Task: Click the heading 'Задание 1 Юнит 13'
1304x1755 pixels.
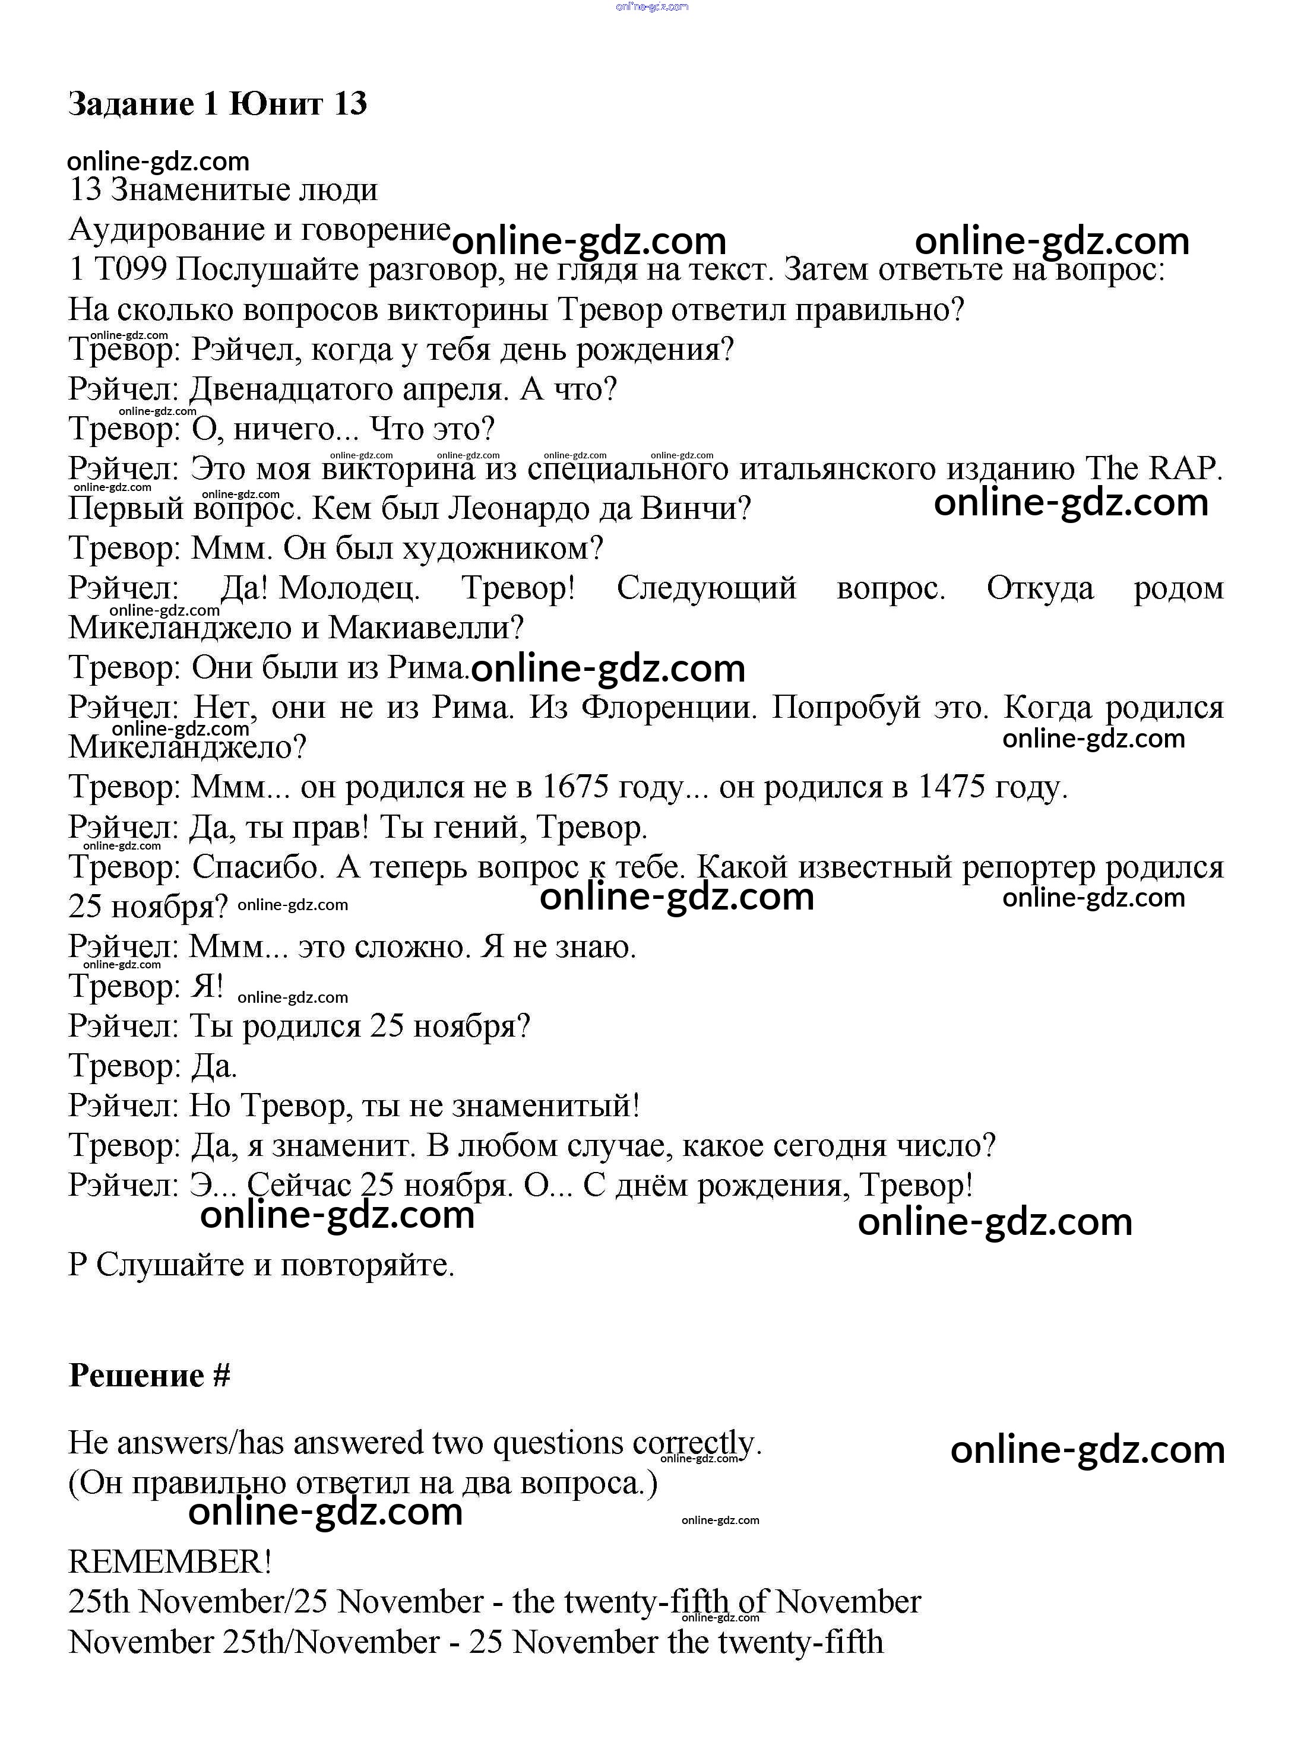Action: (217, 104)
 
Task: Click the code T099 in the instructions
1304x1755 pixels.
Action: (130, 270)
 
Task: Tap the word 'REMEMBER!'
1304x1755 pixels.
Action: (170, 1561)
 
